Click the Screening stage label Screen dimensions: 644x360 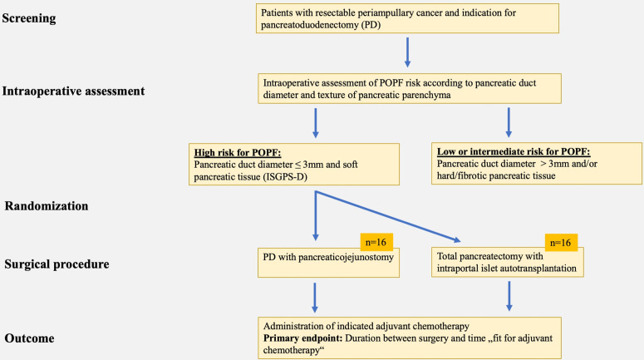(x=29, y=18)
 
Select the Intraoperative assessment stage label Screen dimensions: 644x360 (x=73, y=91)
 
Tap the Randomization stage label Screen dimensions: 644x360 (x=47, y=206)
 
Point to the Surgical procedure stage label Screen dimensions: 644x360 (x=57, y=264)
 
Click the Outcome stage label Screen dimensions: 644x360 (x=29, y=338)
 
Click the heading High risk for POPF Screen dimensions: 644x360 (x=238, y=153)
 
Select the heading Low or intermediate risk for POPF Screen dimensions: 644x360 (x=514, y=151)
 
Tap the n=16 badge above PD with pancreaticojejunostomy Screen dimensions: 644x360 (x=376, y=242)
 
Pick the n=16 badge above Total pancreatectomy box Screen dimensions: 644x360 (x=561, y=243)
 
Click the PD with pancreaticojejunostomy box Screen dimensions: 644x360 (x=328, y=263)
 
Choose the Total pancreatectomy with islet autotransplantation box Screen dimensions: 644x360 (x=507, y=262)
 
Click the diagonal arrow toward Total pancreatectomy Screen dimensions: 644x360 (x=388, y=216)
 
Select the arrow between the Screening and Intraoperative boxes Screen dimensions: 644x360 (x=407, y=52)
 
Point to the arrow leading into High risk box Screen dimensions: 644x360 (x=316, y=123)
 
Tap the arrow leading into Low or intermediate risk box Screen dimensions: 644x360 (x=509, y=122)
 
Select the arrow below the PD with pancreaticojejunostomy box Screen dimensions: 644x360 (x=315, y=298)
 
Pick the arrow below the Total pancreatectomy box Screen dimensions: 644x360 (x=509, y=296)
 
